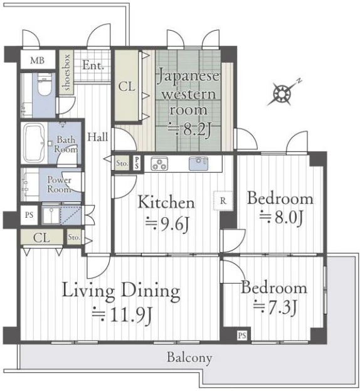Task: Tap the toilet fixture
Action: (x=45, y=84)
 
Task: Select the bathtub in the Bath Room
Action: (x=34, y=142)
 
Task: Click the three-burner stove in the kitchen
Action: (x=159, y=164)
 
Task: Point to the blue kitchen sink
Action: (x=198, y=163)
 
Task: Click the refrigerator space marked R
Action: (x=223, y=200)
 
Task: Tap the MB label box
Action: (x=38, y=60)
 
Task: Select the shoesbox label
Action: (x=66, y=72)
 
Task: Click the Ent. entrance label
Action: (x=93, y=65)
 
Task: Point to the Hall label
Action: (x=97, y=137)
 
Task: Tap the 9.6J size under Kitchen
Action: (x=167, y=223)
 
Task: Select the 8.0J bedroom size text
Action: (x=281, y=217)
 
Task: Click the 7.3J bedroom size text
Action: (x=275, y=308)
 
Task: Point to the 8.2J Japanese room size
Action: (x=190, y=129)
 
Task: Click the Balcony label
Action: (x=189, y=357)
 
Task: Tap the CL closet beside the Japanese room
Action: (x=127, y=87)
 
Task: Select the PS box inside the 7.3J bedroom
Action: (x=241, y=335)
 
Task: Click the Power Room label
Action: (x=60, y=185)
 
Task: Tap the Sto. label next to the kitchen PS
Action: (x=122, y=163)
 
